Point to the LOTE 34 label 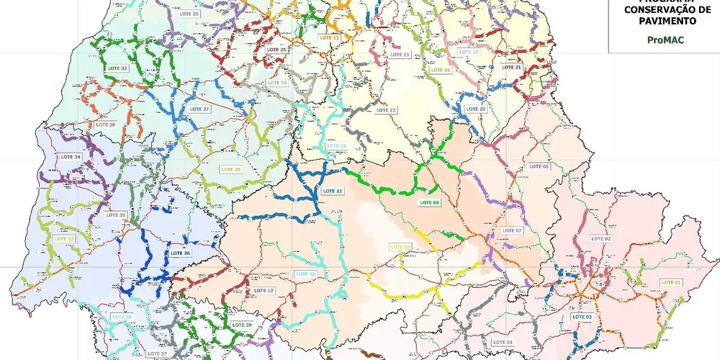(71, 156)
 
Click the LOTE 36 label (180, 253)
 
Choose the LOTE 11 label (333, 191)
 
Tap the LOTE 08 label (431, 203)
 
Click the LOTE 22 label (387, 109)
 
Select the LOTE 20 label (477, 109)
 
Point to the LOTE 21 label (511, 67)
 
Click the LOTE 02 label (601, 238)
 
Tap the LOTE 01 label (671, 282)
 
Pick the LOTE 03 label (582, 317)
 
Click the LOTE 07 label (512, 230)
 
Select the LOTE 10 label (306, 274)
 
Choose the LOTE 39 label (243, 325)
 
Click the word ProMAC (664, 40)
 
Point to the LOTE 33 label (66, 238)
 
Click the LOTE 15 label (400, 55)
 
